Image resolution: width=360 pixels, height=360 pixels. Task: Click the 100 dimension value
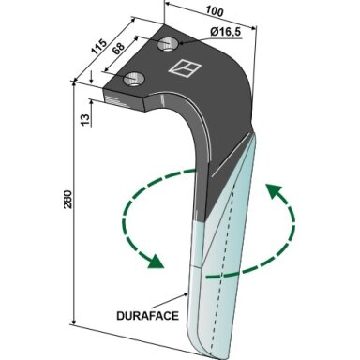coord(215,11)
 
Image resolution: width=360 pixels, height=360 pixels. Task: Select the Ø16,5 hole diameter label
coord(226,32)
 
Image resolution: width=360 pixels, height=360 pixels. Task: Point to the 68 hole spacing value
coord(118,49)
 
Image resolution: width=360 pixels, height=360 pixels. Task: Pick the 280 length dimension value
coord(67,199)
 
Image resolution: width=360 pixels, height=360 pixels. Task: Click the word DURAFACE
coord(147,316)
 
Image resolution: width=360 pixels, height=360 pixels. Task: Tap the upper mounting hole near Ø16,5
coord(167,44)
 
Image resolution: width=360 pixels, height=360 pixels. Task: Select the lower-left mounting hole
coord(134,79)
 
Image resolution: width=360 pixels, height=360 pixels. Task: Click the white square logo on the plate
coord(185,67)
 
